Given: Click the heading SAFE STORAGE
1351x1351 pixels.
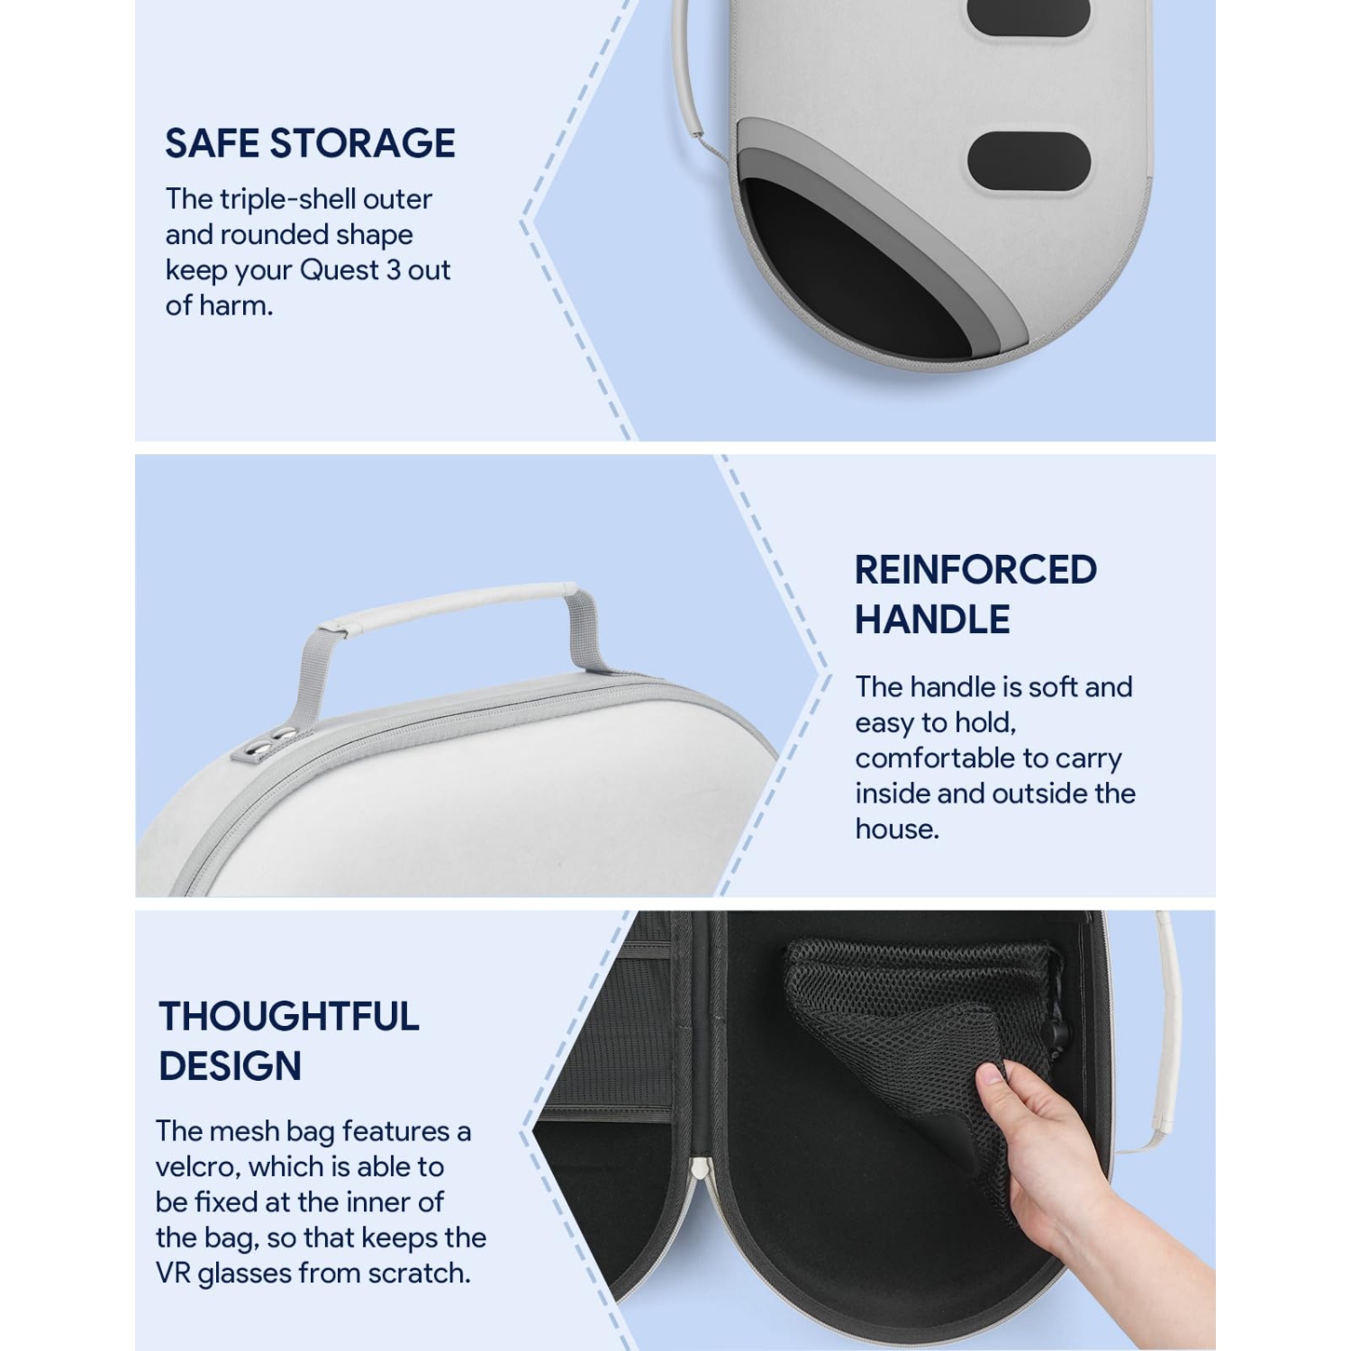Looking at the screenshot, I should pos(310,143).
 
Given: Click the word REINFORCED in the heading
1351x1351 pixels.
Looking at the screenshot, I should pos(975,570).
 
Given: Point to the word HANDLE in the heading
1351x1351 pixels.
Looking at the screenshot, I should pos(932,620).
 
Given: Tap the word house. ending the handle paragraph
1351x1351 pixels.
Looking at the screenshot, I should pos(897,830).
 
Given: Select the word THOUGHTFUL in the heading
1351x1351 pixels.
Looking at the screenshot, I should pos(288,1017).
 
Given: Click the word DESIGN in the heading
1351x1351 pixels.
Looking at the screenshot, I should pos(230,1066).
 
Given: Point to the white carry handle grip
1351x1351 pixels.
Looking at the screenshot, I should pos(450,603).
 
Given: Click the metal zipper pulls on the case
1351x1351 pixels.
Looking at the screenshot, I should pos(272,739).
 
